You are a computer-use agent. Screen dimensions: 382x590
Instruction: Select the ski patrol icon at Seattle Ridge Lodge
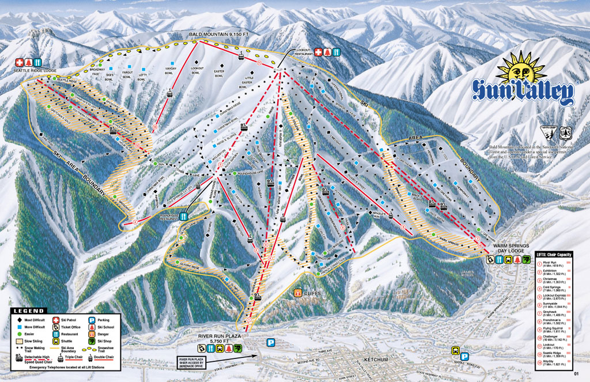tap(18, 62)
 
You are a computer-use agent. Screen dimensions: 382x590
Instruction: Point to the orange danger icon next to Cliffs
tap(298, 293)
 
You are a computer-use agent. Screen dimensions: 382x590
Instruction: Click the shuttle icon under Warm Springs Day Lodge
tap(510, 259)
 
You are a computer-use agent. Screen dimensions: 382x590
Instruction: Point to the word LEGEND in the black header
tap(28, 311)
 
